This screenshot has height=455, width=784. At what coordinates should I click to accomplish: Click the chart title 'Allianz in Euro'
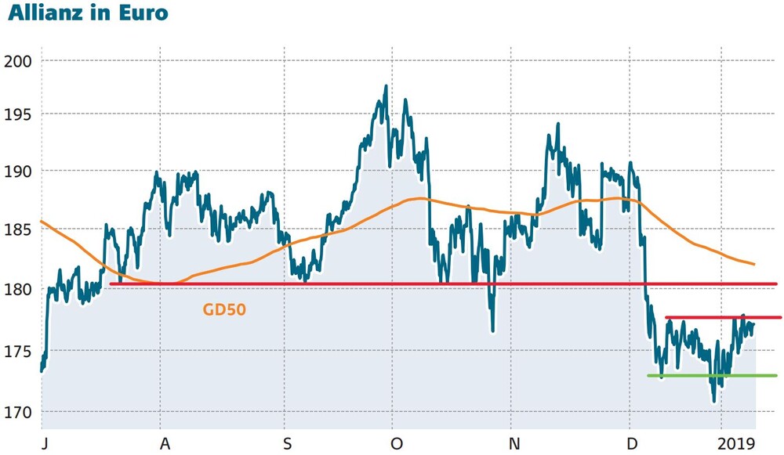click(x=88, y=13)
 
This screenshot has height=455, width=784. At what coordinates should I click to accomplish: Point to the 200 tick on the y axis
click(x=17, y=61)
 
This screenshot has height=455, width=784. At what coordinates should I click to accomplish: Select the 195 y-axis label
click(x=17, y=114)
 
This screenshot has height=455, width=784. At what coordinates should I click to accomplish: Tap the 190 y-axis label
click(x=17, y=172)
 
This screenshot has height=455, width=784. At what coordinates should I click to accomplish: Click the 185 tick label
click(x=17, y=230)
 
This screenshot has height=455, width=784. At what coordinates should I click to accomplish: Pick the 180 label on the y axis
click(x=17, y=289)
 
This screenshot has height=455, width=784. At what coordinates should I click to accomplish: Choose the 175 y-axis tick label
click(x=17, y=351)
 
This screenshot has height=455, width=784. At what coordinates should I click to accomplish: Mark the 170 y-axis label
click(x=17, y=413)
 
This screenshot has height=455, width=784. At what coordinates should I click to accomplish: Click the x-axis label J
click(x=45, y=443)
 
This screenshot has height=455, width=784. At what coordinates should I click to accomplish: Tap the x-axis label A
click(x=165, y=443)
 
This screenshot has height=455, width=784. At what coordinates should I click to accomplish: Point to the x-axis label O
click(x=397, y=443)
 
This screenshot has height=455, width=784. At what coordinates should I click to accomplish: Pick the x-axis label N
click(x=514, y=443)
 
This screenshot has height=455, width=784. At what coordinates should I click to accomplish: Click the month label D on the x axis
click(x=633, y=443)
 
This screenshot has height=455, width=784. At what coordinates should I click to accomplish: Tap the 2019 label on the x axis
click(x=736, y=443)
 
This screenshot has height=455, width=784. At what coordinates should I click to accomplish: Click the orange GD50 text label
click(x=224, y=309)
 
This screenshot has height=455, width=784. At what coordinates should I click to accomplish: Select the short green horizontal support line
click(x=712, y=376)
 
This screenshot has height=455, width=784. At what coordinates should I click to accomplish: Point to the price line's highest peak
click(x=386, y=86)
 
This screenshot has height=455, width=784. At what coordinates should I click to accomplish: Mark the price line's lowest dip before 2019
click(x=714, y=401)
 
